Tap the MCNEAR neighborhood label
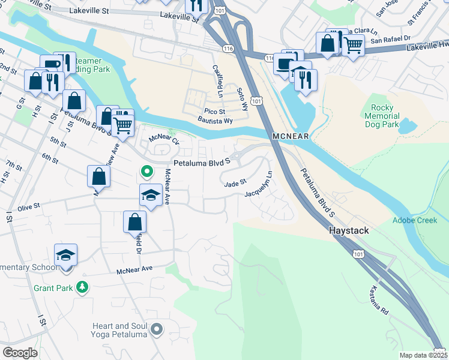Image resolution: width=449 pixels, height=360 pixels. point(290,137)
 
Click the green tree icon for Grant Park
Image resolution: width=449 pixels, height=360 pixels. point(82,289)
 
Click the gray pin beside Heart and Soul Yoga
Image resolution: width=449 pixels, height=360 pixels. point(157,329)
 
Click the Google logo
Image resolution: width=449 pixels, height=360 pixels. point(20,352)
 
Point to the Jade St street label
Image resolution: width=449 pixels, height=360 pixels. point(235,182)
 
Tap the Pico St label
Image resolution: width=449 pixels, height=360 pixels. point(214,112)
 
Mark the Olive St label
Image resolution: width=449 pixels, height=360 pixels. point(28,206)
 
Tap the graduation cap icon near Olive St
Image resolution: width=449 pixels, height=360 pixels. point(151,195)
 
